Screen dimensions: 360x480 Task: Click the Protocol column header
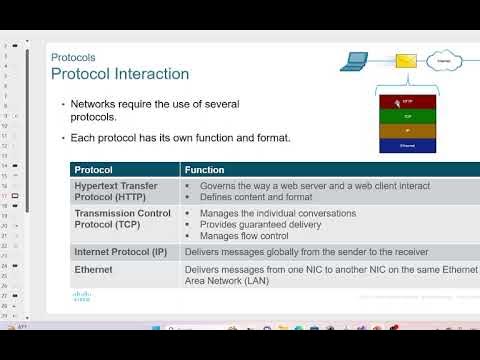point(94,170)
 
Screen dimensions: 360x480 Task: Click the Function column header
point(204,170)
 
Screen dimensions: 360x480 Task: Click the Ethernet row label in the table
point(94,269)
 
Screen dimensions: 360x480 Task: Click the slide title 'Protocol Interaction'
point(119,74)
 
